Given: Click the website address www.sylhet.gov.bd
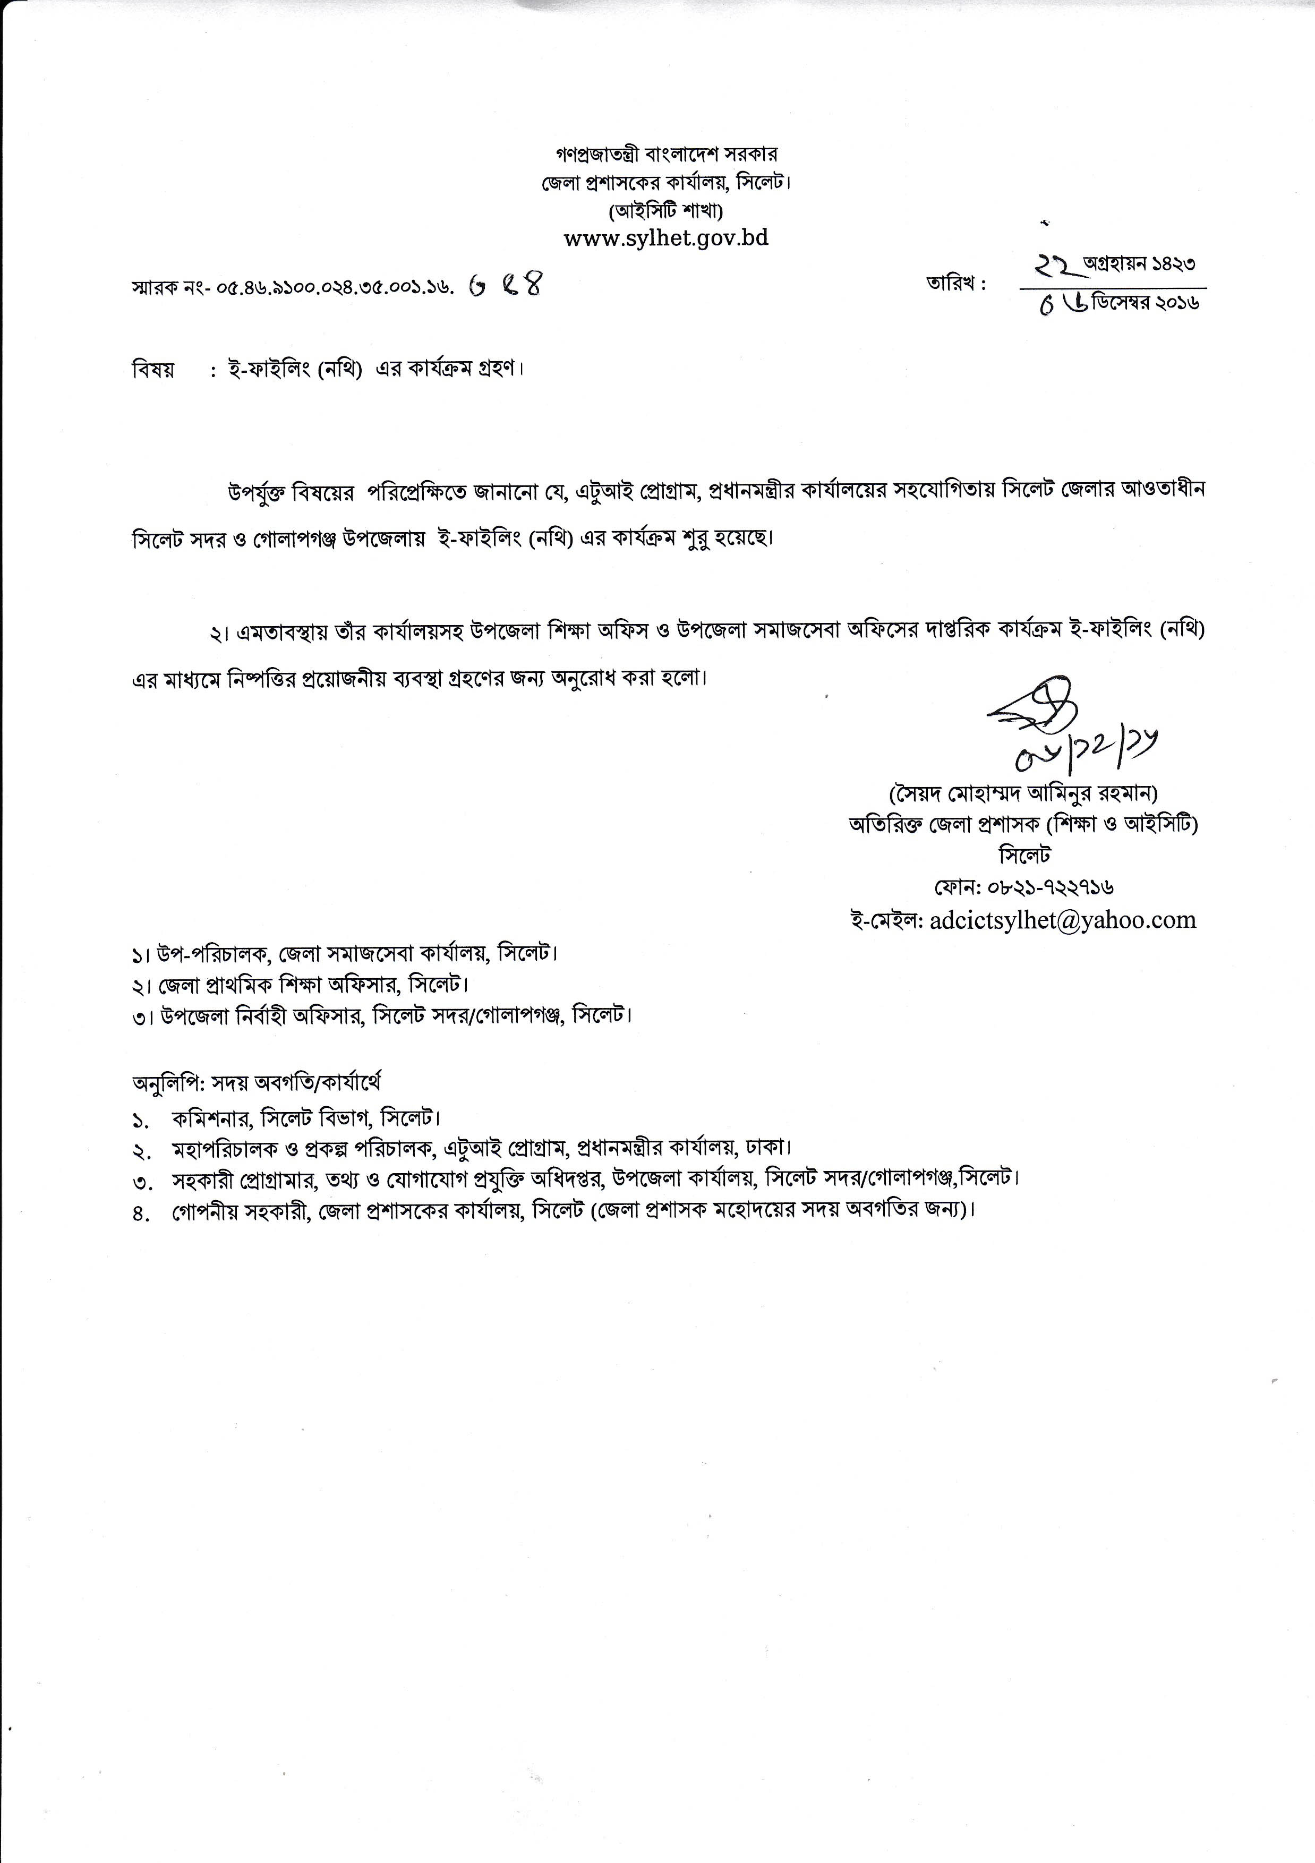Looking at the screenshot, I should pos(666,238).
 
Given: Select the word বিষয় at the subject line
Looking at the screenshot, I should pos(152,370).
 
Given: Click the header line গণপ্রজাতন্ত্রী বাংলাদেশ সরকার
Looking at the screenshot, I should pos(666,153).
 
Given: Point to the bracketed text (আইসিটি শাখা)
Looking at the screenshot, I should pos(666,211).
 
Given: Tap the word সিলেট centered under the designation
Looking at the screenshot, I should pos(1024,855).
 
